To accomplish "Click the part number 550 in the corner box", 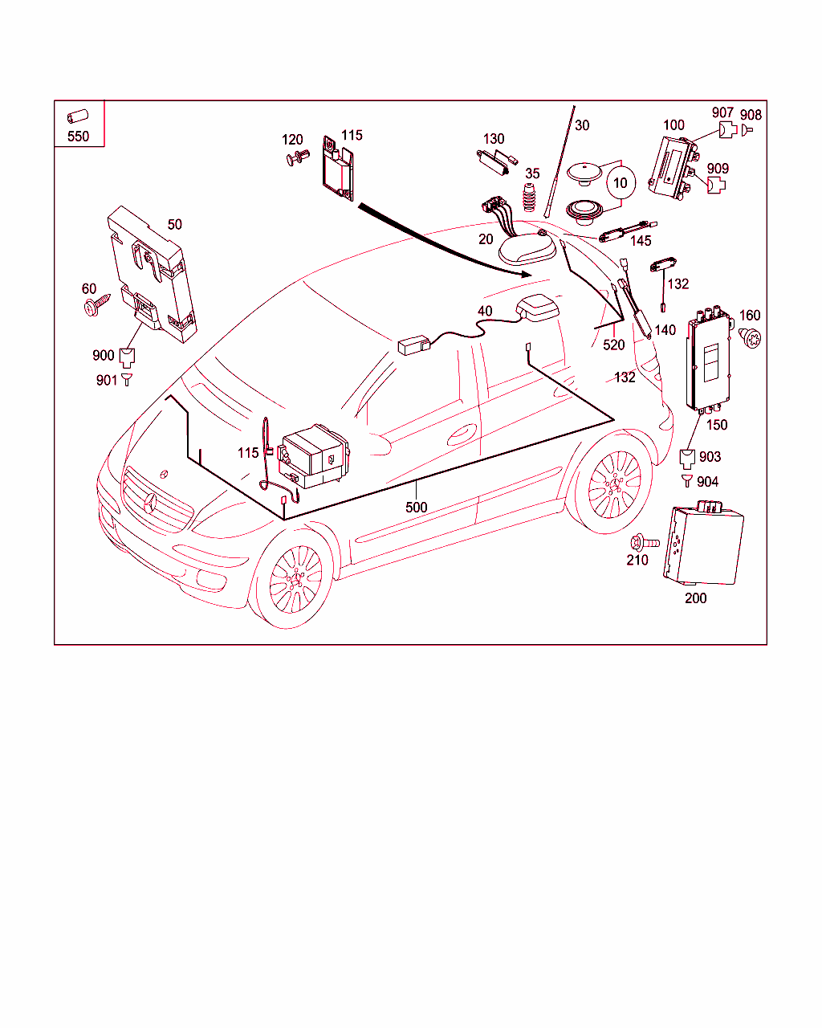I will pyautogui.click(x=78, y=136).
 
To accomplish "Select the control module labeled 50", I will pyautogui.click(x=153, y=273).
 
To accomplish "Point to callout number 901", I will pyautogui.click(x=106, y=380).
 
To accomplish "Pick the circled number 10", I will pyautogui.click(x=620, y=183).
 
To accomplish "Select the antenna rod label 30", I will pyautogui.click(x=582, y=125).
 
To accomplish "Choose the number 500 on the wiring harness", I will pyautogui.click(x=416, y=507).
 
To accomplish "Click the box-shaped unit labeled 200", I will pyautogui.click(x=702, y=546).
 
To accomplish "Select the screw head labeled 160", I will pyautogui.click(x=748, y=337).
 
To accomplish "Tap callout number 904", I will pyautogui.click(x=707, y=481).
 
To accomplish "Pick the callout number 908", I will pyautogui.click(x=751, y=116).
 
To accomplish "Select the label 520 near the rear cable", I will pyautogui.click(x=613, y=345).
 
